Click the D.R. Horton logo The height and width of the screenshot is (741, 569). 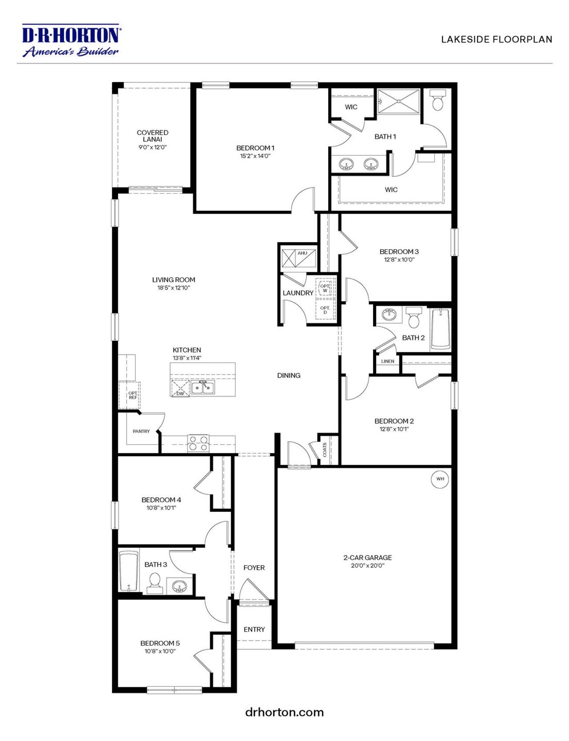[x=71, y=41]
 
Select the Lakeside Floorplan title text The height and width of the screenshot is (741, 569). [x=497, y=40]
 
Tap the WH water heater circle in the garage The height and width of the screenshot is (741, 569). [x=440, y=479]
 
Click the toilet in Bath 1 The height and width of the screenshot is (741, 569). [x=438, y=100]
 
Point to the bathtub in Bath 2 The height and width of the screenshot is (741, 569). [x=441, y=329]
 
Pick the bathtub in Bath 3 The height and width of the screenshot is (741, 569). [x=128, y=571]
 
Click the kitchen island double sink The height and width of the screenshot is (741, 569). [x=203, y=387]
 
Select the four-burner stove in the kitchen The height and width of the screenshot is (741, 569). [x=198, y=443]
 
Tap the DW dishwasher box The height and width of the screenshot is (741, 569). [x=180, y=388]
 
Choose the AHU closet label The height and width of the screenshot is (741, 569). [x=302, y=253]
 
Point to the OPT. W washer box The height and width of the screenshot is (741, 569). [x=325, y=288]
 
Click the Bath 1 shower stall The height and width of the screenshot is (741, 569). [x=398, y=101]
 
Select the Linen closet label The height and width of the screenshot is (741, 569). [x=388, y=361]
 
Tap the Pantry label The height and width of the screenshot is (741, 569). [x=141, y=431]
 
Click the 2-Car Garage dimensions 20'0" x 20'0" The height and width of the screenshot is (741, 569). [x=367, y=566]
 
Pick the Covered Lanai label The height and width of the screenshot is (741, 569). [x=152, y=136]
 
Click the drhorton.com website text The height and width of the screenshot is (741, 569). [x=284, y=712]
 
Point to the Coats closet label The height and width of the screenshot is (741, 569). [x=325, y=450]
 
